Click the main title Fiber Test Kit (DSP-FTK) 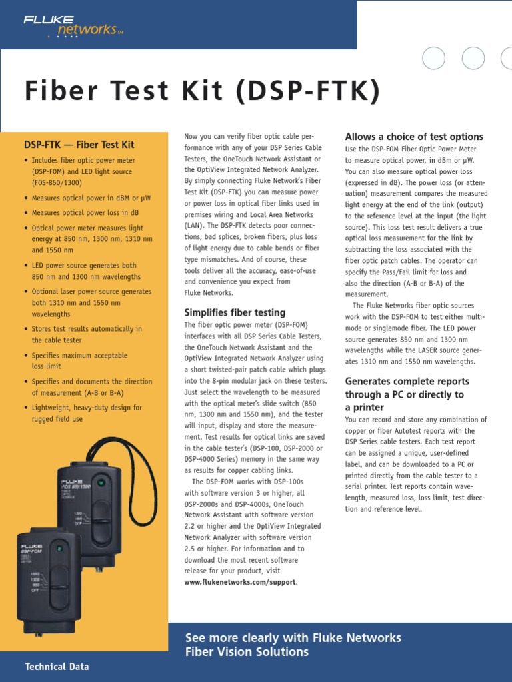pos(201,91)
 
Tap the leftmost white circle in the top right pos(434,59)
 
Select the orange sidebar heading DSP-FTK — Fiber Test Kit pos(79,145)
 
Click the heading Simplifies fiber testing pos(235,312)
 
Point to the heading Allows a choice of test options pos(414,137)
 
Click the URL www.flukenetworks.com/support pos(240,582)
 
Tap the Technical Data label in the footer pos(57,666)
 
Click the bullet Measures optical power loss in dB pos(85,213)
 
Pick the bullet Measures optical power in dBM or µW pos(91,198)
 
